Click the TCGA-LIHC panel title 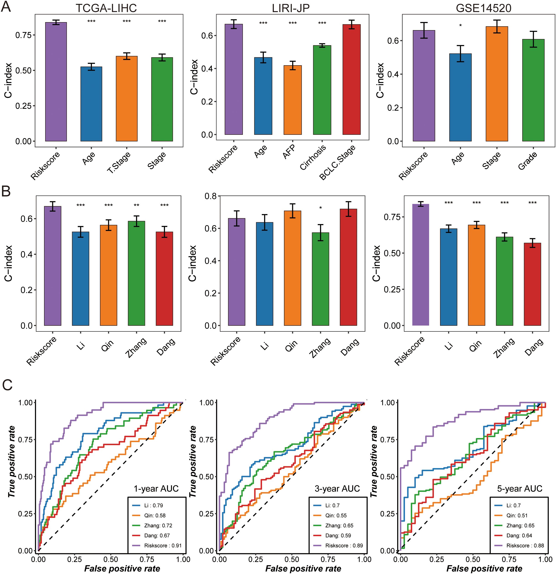(x=106, y=8)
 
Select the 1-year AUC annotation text (x=156, y=488)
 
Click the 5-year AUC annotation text (x=520, y=488)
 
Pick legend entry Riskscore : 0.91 (x=163, y=545)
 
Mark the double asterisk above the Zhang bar (x=136, y=205)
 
